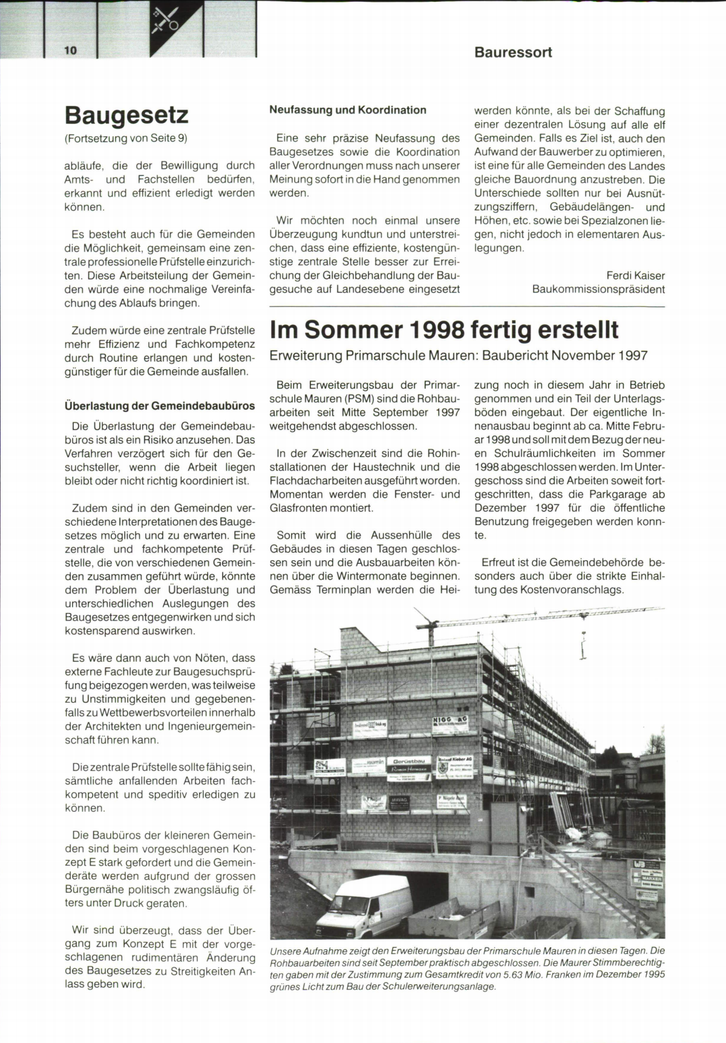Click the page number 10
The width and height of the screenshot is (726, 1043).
pos(71,50)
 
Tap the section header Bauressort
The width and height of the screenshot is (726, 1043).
pos(513,53)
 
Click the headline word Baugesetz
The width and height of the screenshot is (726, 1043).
pos(126,114)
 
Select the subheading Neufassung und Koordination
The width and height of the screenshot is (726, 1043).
pos(347,110)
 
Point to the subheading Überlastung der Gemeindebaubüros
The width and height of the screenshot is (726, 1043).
pos(160,405)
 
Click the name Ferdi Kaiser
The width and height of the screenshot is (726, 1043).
pos(635,276)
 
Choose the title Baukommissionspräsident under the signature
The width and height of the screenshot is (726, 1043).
pos(598,289)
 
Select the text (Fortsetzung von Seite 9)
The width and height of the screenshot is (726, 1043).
pos(126,138)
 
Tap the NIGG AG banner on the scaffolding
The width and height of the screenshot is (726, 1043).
pos(450,722)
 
